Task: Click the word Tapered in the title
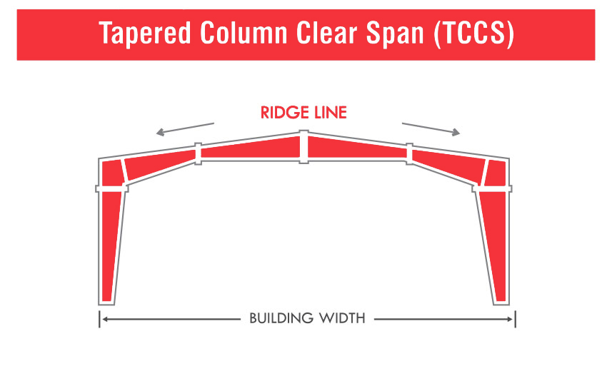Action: pyautogui.click(x=145, y=34)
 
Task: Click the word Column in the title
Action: pyautogui.click(x=244, y=33)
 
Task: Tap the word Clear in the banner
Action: pyautogui.click(x=326, y=33)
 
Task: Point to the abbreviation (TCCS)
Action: pyautogui.click(x=474, y=34)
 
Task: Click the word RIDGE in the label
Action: pyautogui.click(x=284, y=113)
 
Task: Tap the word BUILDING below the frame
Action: pyautogui.click(x=281, y=318)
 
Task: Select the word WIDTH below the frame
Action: pyautogui.click(x=342, y=318)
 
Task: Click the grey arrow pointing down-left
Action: pyautogui.click(x=185, y=129)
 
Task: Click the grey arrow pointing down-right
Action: pyautogui.click(x=431, y=129)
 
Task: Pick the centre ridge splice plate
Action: pyautogui.click(x=304, y=146)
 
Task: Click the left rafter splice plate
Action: pyautogui.click(x=198, y=153)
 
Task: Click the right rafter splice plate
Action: pyautogui.click(x=410, y=153)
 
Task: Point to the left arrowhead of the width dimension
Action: pyautogui.click(x=104, y=319)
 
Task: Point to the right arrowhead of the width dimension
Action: pyautogui.click(x=510, y=319)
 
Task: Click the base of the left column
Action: pyautogui.click(x=106, y=303)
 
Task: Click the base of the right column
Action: pyautogui.click(x=501, y=303)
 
